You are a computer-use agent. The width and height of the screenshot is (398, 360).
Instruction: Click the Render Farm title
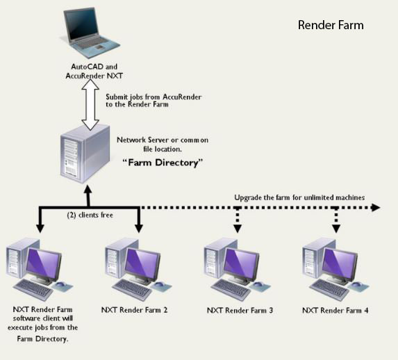click(x=331, y=25)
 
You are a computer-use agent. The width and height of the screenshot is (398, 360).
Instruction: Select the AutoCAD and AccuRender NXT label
click(x=94, y=72)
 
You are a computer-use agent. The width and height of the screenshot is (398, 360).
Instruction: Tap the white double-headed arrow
click(x=90, y=105)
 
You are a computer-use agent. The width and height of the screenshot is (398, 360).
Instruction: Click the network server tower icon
click(x=85, y=154)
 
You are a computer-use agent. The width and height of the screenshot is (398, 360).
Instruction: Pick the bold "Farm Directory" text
click(x=163, y=163)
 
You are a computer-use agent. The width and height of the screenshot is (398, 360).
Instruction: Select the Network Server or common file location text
click(x=163, y=145)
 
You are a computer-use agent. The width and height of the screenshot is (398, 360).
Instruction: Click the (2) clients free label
click(x=90, y=215)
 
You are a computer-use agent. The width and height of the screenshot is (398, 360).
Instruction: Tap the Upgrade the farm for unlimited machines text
click(x=299, y=197)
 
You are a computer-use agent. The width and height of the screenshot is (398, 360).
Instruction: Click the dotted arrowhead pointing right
click(x=376, y=208)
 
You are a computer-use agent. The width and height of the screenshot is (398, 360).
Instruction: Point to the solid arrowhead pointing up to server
click(x=88, y=190)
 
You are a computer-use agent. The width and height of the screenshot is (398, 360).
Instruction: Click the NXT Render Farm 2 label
click(x=134, y=310)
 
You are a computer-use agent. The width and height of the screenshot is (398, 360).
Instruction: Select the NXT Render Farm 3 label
click(x=240, y=310)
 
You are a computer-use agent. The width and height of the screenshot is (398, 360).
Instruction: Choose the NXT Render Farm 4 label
click(x=335, y=310)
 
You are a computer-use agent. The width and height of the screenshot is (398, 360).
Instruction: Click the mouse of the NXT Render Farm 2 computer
click(x=159, y=284)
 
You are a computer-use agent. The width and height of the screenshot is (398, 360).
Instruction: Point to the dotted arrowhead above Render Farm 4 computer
click(x=336, y=229)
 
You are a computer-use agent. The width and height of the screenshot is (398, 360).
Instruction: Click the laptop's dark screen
click(x=82, y=24)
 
